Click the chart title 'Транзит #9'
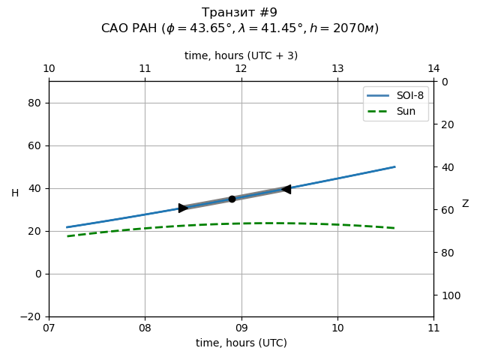240,13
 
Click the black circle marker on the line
232,199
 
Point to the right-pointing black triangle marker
183,208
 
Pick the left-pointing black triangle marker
286,189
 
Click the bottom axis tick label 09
241,328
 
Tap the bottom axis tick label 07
49,328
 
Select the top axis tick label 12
241,69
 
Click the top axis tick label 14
433,69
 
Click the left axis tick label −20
33,316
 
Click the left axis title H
15,193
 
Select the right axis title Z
465,204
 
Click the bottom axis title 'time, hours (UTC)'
241,343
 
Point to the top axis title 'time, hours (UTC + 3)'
241,55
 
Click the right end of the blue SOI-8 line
394,166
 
